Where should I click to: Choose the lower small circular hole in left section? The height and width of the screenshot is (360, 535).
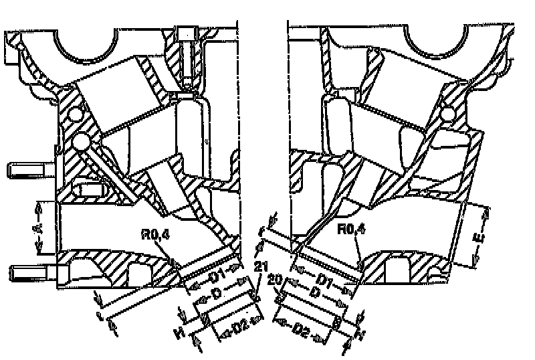(80, 143)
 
